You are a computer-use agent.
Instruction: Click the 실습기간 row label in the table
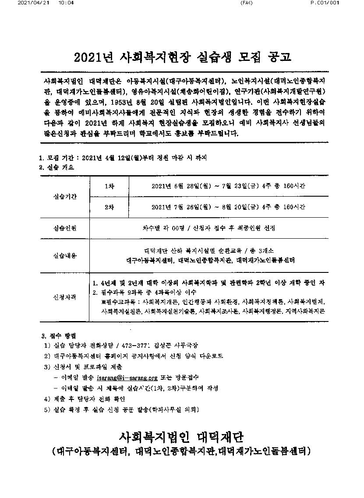coord(64,196)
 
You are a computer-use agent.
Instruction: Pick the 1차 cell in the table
coord(109,186)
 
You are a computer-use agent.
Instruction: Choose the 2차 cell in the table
coord(109,207)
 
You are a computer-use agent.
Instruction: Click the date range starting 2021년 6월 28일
coord(228,186)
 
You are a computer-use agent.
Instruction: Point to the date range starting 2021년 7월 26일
coord(228,207)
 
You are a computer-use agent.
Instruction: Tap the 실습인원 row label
coord(64,228)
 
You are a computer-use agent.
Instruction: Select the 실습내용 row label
coord(64,256)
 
